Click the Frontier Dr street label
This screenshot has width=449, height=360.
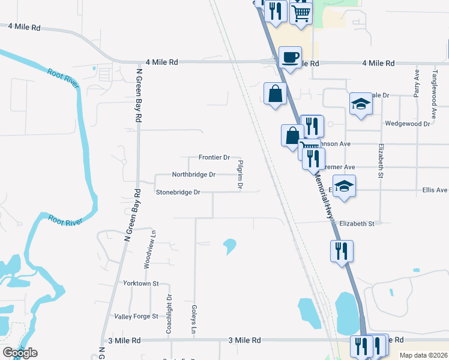pos(214,158)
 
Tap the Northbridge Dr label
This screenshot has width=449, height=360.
pos(193,175)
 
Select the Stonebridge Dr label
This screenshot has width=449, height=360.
pos(178,193)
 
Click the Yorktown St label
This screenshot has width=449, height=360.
pos(140,283)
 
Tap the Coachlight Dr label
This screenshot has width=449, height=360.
pos(169,314)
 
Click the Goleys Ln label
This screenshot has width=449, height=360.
pos(194,320)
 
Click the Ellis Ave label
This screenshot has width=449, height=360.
pos(435,190)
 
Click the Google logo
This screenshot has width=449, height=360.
pos(20,353)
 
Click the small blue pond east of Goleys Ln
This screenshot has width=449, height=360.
pos(229,245)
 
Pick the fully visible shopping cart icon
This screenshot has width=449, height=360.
pos(301,11)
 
